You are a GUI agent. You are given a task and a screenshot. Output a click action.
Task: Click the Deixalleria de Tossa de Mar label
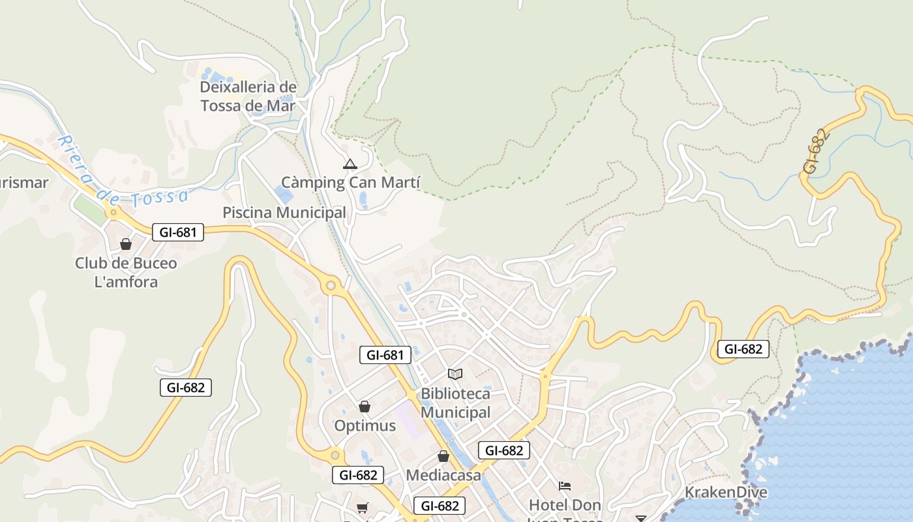click(248, 96)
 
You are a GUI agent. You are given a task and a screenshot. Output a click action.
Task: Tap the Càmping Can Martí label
click(350, 182)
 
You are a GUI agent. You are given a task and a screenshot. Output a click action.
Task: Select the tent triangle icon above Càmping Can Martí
click(350, 164)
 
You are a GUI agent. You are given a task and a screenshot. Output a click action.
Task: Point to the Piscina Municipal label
click(284, 213)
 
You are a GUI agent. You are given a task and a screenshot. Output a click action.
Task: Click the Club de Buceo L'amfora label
click(126, 272)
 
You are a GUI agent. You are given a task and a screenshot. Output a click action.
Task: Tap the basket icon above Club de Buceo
click(126, 244)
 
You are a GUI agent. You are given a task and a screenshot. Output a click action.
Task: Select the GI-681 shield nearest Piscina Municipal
click(178, 232)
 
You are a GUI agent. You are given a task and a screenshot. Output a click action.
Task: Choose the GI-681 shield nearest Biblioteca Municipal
click(385, 355)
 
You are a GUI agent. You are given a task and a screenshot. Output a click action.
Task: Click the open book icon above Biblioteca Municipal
click(455, 374)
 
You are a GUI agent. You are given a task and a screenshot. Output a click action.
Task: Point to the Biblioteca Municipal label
click(455, 403)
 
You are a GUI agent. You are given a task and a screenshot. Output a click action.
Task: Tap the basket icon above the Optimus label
click(365, 407)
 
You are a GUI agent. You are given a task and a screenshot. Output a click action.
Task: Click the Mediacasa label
click(443, 475)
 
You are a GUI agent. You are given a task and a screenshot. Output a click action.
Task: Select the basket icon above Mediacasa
click(443, 456)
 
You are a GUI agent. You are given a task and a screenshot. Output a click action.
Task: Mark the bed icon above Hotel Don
click(565, 486)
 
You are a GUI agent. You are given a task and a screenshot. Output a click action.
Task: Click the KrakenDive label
click(726, 492)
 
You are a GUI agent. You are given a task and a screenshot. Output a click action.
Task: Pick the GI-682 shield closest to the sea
click(743, 349)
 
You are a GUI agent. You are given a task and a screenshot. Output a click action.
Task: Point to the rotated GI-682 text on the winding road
click(816, 151)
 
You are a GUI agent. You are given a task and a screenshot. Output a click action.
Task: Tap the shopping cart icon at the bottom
click(363, 508)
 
